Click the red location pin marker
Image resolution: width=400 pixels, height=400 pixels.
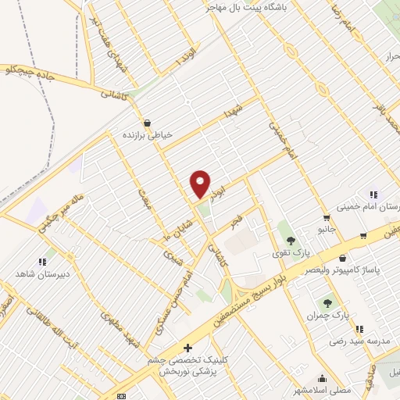point(201,183)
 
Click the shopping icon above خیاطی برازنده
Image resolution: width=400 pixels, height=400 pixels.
point(147,123)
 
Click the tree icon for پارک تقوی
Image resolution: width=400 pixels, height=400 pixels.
point(291,241)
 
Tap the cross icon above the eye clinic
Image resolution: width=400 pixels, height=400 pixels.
point(187,346)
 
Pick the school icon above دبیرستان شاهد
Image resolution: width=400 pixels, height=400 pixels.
point(41,262)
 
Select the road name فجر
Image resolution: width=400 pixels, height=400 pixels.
point(236,223)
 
